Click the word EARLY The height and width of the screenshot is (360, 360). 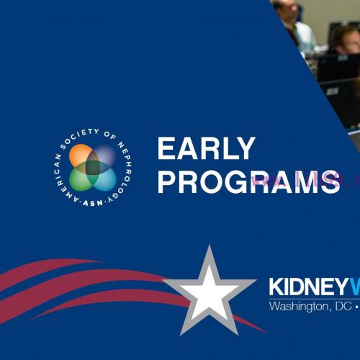[x=206, y=149]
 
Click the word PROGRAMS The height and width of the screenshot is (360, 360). [x=248, y=181]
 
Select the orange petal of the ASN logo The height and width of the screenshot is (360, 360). [x=81, y=155]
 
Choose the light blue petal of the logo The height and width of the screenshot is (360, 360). [x=104, y=178]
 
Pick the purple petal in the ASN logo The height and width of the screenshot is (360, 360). [x=104, y=155]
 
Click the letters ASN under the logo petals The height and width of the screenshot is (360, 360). [x=93, y=200]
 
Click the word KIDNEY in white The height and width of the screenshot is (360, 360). [x=310, y=287]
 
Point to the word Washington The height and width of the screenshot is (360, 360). [x=296, y=305]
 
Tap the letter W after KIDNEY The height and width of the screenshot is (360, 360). [x=355, y=287]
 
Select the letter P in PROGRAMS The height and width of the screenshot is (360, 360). [x=166, y=181]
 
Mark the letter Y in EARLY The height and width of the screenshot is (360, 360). [x=246, y=149]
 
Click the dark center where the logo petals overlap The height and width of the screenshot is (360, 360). [x=93, y=167]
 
